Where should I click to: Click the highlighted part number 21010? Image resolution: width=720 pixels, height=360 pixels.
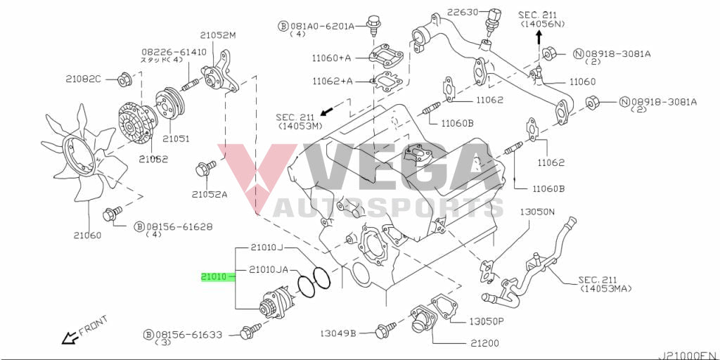(x=213, y=277)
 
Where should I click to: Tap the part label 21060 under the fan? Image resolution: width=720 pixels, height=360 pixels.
(x=86, y=235)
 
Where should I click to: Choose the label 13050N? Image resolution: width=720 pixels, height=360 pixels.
(x=537, y=211)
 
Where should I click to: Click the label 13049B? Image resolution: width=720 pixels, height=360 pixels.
(x=337, y=332)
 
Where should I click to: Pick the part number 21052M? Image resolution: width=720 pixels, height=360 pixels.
(x=218, y=35)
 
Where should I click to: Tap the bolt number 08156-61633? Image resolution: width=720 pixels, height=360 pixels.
(x=189, y=335)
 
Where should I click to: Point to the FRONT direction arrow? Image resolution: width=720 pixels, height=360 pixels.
(x=69, y=338)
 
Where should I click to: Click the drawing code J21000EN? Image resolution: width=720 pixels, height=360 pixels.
(x=687, y=354)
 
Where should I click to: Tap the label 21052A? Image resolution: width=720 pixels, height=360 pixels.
(x=210, y=194)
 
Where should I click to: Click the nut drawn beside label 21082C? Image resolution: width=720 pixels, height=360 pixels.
(x=122, y=79)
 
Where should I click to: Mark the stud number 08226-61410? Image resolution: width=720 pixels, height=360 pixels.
(x=174, y=52)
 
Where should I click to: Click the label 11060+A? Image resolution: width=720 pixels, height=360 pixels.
(x=331, y=58)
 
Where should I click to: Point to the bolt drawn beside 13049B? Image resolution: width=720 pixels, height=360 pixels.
(x=384, y=329)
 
